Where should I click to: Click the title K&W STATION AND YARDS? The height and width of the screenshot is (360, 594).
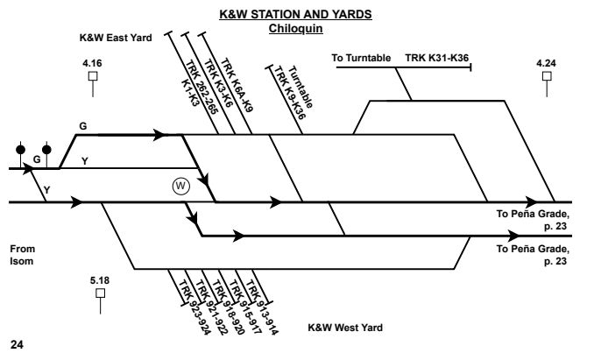[296, 14]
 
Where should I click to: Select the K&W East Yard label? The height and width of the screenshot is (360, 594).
[116, 39]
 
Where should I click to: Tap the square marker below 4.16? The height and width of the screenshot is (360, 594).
[92, 76]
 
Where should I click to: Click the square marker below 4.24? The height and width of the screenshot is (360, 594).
[547, 76]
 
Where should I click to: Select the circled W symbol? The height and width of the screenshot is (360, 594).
[180, 186]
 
